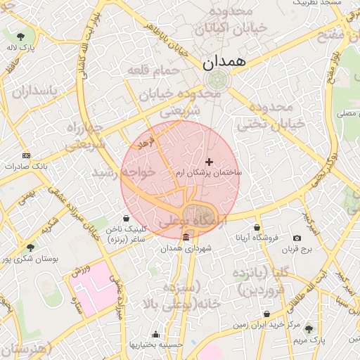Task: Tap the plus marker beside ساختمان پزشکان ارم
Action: (209, 162)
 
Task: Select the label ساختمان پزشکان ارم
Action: (208, 172)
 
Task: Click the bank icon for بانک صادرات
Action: (27, 155)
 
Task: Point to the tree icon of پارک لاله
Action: (20, 36)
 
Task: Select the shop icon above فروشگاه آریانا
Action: (257, 227)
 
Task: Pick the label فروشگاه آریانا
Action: (258, 238)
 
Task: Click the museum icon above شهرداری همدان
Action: (186, 238)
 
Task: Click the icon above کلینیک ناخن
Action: (126, 218)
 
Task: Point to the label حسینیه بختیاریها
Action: (155, 345)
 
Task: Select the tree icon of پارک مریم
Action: (309, 328)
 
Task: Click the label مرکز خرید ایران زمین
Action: (268, 325)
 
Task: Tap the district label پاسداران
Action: (32, 91)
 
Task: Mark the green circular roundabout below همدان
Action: (218, 79)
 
